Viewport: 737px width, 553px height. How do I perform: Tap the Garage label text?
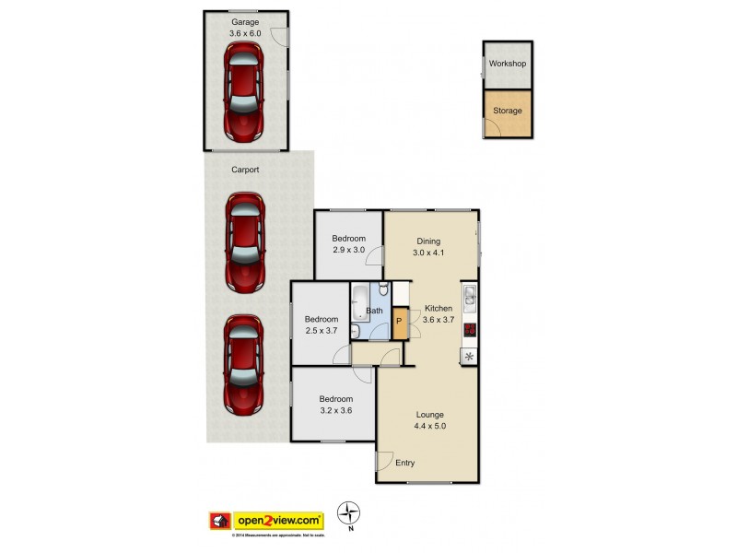tap(245, 21)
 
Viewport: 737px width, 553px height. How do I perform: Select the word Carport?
tap(245, 170)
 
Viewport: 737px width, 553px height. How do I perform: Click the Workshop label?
tap(508, 64)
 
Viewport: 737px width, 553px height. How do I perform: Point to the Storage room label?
tap(508, 111)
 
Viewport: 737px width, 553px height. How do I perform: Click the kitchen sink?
tap(469, 296)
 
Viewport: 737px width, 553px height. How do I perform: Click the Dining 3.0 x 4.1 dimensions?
tap(429, 253)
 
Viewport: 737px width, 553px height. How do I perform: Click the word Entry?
tap(405, 463)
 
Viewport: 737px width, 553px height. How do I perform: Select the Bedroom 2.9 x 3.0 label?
tap(349, 244)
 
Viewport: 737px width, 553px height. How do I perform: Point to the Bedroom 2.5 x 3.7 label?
tap(322, 325)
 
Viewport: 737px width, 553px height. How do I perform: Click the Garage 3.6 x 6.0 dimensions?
tap(245, 33)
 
